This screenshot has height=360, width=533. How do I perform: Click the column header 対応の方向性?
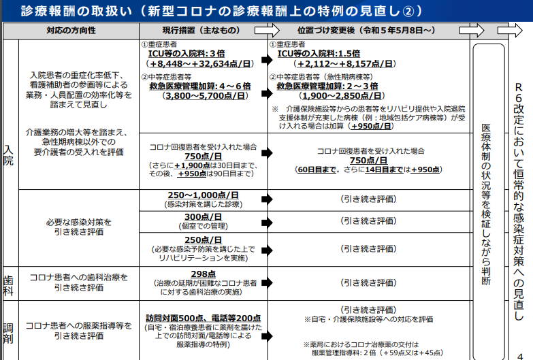coord(71,31)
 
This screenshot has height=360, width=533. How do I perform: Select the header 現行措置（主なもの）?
coord(201,31)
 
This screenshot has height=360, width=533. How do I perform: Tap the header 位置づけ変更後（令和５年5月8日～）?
coord(366,31)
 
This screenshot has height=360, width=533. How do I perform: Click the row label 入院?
coord(8,155)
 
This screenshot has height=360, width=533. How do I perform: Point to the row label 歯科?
coord(8,286)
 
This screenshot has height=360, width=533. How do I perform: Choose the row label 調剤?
coord(8,333)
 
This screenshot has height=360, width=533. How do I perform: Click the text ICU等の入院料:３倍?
coord(187,54)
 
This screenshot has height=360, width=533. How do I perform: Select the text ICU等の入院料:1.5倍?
coord(319,54)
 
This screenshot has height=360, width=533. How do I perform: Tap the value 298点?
coord(204,274)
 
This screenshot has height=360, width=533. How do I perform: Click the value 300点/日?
coord(204,217)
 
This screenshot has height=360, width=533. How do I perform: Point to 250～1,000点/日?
coord(204,195)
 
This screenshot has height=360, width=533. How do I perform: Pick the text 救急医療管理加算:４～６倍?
coord(200,86)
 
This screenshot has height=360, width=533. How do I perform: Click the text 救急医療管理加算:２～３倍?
coord(327,86)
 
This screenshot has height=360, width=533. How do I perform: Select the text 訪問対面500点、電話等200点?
coord(204,318)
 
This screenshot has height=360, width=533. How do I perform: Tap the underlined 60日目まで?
coord(317,169)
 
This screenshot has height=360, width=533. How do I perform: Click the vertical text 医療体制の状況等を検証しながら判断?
coord(486,204)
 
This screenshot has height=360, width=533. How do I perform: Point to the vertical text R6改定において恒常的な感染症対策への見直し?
coord(519,201)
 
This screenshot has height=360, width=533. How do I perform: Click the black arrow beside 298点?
coord(267,282)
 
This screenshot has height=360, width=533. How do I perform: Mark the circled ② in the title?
coord(408,12)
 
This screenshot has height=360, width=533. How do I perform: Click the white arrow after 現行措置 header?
coord(267,31)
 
